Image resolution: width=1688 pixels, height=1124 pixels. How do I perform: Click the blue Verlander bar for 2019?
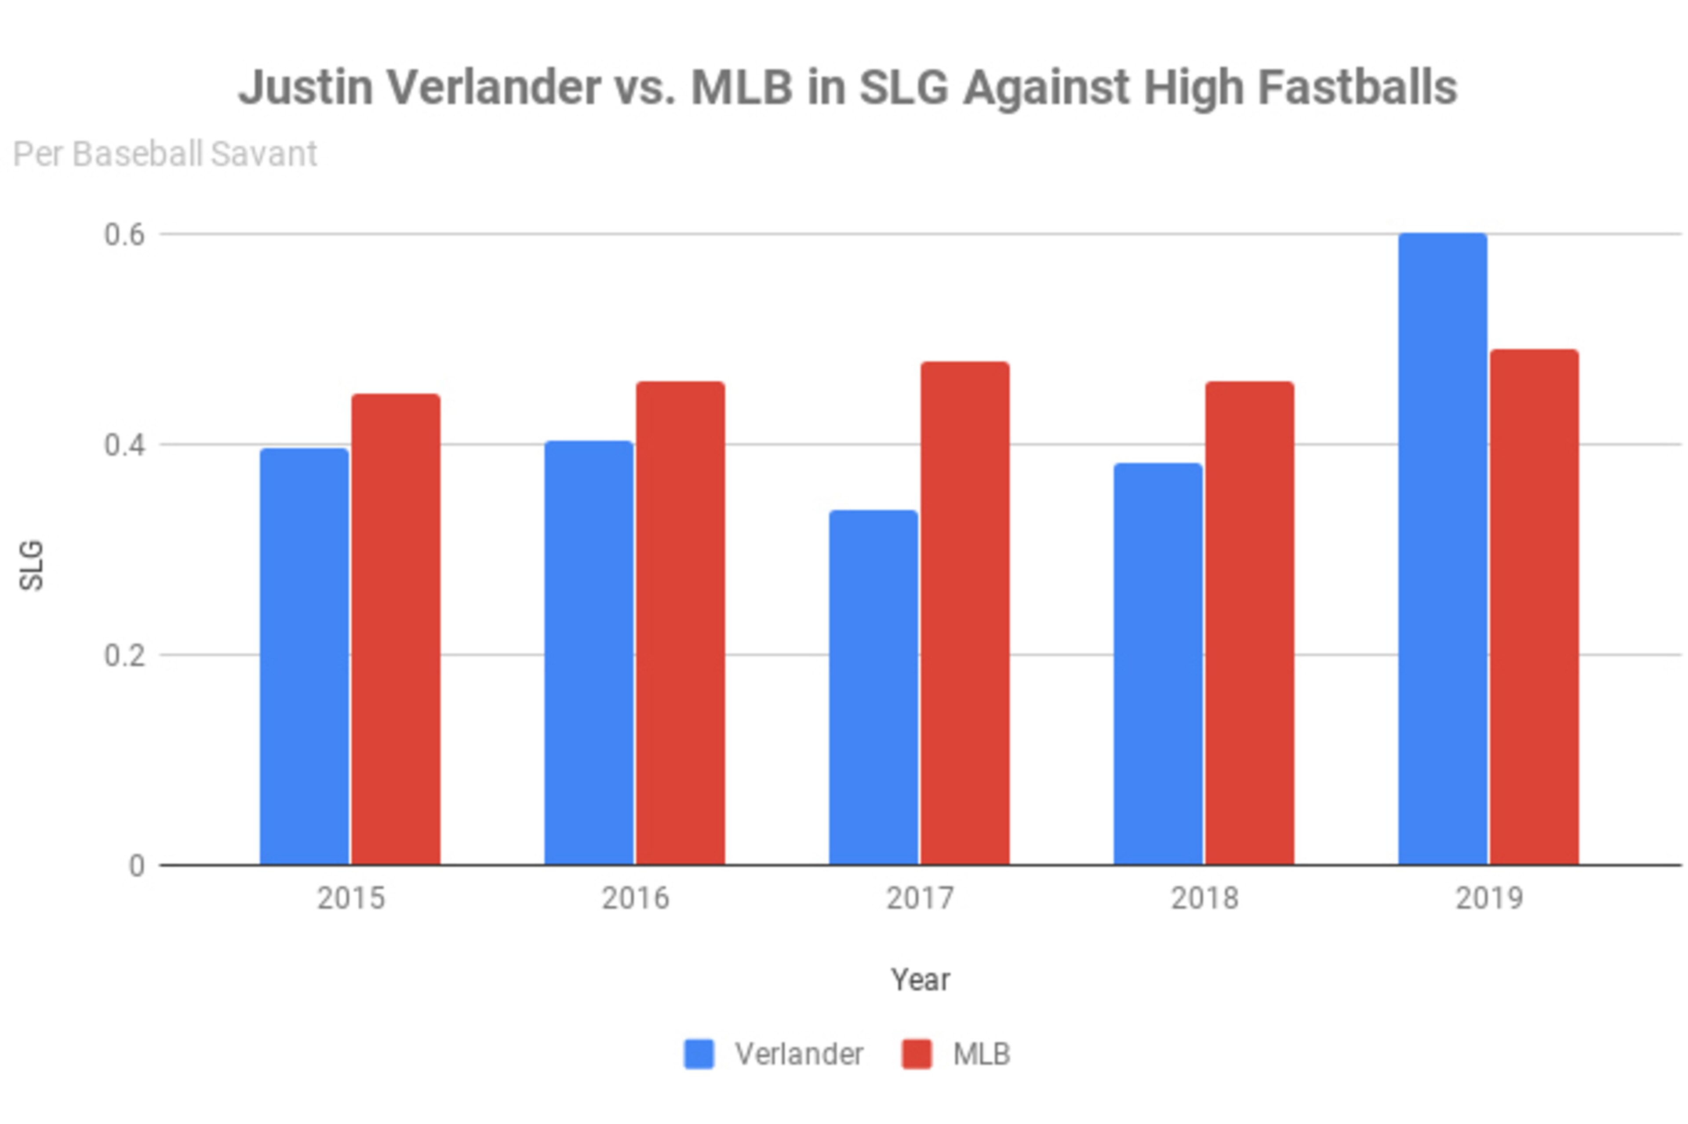pos(1442,548)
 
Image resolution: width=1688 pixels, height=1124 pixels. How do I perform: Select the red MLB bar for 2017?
pos(965,613)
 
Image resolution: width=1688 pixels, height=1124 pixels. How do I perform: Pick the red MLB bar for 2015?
pos(396,629)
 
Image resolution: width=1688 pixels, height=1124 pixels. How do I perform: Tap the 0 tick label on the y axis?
pos(137,866)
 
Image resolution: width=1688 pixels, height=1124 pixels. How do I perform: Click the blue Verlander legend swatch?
pos(698,1054)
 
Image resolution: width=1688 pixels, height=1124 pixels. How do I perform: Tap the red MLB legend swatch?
pos(917,1054)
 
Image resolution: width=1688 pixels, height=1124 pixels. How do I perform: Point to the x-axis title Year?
pos(920,979)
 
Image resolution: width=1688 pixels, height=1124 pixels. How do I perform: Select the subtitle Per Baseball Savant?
pos(165,154)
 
